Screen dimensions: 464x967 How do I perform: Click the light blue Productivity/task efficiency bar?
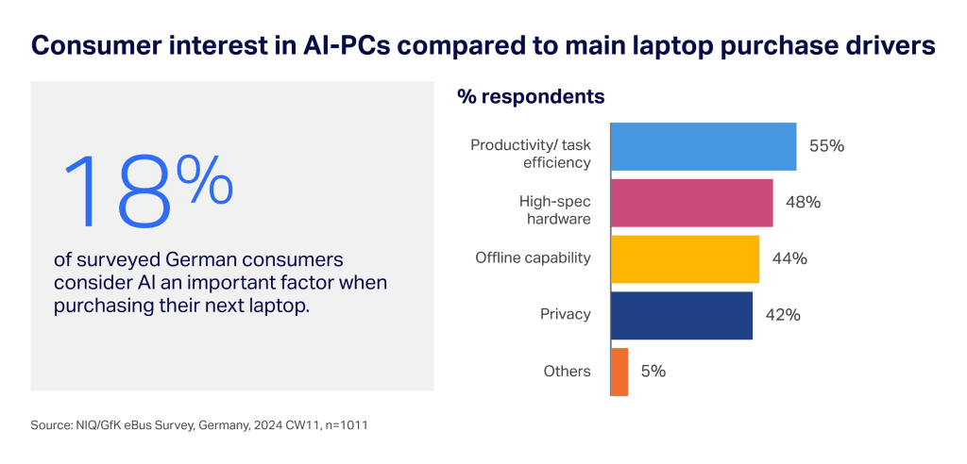coord(704,146)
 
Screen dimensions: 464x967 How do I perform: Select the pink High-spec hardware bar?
coord(692,203)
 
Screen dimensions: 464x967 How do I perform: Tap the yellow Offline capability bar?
coord(686,258)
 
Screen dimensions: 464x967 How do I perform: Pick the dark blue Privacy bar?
coord(682,315)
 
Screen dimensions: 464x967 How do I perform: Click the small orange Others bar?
coord(619,372)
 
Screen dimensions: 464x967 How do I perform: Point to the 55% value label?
coord(826,146)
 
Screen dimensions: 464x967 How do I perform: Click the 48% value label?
coord(803,203)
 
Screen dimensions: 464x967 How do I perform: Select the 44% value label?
coord(789,258)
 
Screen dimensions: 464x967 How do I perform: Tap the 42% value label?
coord(783,315)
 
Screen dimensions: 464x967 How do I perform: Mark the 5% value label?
coord(653,372)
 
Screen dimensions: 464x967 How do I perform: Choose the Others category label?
coord(567,372)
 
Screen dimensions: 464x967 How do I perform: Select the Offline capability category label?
coord(533,258)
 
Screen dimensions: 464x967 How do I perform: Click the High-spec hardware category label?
coord(554,210)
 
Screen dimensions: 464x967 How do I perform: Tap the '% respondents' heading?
coord(531,96)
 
